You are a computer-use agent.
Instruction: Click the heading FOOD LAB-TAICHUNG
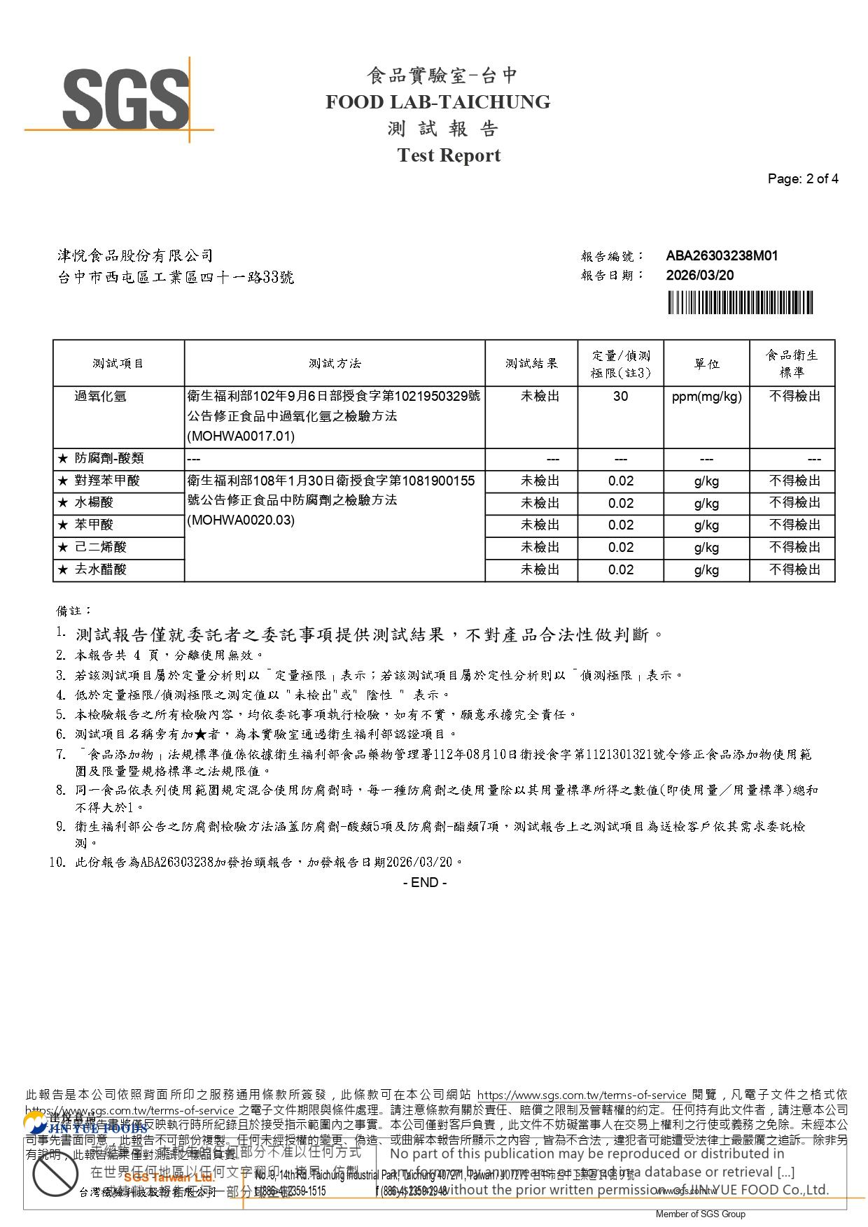pos(437,102)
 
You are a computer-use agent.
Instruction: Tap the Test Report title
pos(449,155)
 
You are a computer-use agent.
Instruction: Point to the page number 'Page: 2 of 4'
pos(802,178)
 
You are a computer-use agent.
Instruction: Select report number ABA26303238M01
pos(722,256)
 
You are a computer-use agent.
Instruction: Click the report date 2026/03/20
pos(699,276)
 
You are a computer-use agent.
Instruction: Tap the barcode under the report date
pos(740,303)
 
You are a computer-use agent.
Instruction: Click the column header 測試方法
pos(335,364)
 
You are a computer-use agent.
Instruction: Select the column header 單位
pos(706,364)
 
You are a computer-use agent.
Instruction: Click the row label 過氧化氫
pos(101,397)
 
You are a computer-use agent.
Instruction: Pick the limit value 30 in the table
pos(620,397)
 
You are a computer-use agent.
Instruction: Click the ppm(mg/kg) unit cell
pos(706,397)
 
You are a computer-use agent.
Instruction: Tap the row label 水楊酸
pos(94,503)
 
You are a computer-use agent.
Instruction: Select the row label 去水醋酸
pos(101,569)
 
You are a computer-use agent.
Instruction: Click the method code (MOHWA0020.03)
pos(241,520)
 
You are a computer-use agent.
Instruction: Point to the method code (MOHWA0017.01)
pos(241,437)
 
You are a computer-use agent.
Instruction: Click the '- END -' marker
pos(425,882)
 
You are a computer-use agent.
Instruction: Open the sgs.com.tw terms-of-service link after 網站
pos(582,1095)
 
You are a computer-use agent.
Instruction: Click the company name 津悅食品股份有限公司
pos(135,256)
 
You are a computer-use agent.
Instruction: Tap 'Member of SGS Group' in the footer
pos(700,1214)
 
